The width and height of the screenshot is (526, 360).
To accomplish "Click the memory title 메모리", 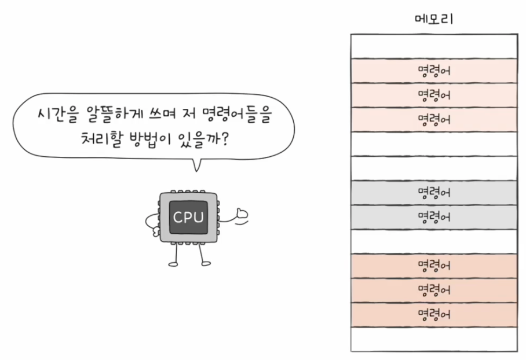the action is tap(434, 20).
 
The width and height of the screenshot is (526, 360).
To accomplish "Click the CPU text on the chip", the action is tap(188, 218).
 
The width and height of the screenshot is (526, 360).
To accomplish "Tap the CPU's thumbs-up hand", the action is tap(241, 216).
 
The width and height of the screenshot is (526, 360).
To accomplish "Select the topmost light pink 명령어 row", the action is tap(434, 71).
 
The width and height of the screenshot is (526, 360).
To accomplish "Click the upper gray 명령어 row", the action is tap(434, 193).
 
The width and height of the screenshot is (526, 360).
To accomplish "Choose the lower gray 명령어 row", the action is tap(434, 217).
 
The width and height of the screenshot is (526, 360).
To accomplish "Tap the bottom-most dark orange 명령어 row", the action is tap(434, 314).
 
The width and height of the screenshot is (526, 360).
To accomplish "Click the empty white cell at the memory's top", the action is tap(434, 46).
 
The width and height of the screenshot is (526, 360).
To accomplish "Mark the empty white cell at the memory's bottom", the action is tap(434, 339).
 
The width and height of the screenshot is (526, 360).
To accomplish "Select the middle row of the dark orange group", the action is tap(434, 290).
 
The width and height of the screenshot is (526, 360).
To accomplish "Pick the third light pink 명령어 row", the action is tap(434, 119).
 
